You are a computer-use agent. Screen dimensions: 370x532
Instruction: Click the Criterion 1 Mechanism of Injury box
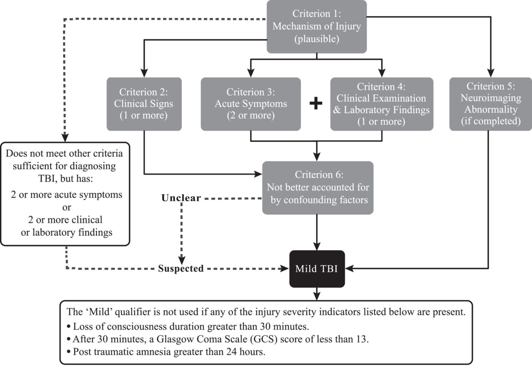(x=316, y=27)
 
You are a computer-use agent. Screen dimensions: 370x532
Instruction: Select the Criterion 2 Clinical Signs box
(x=144, y=104)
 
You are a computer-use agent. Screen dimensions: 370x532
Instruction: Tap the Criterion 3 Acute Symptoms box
(x=250, y=104)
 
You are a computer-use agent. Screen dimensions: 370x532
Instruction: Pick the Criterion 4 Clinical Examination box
(x=382, y=104)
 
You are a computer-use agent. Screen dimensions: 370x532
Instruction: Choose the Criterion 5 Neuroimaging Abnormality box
(x=490, y=104)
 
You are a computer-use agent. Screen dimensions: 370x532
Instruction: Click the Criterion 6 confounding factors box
(x=318, y=187)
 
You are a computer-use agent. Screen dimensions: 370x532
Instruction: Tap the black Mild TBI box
(x=317, y=269)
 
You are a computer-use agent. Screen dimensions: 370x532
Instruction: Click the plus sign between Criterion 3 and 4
(x=316, y=104)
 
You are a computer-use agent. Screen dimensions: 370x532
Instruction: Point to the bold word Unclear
(x=181, y=198)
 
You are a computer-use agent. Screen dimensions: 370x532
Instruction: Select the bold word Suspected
(x=180, y=269)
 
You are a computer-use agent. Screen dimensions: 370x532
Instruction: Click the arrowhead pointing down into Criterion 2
(x=144, y=73)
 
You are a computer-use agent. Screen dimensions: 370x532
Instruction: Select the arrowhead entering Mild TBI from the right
(x=349, y=269)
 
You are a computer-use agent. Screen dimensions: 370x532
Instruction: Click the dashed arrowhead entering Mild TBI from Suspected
(x=286, y=269)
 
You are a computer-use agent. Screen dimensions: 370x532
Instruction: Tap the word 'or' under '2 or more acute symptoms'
(x=66, y=207)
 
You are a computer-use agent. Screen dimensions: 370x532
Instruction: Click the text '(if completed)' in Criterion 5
(x=490, y=121)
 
